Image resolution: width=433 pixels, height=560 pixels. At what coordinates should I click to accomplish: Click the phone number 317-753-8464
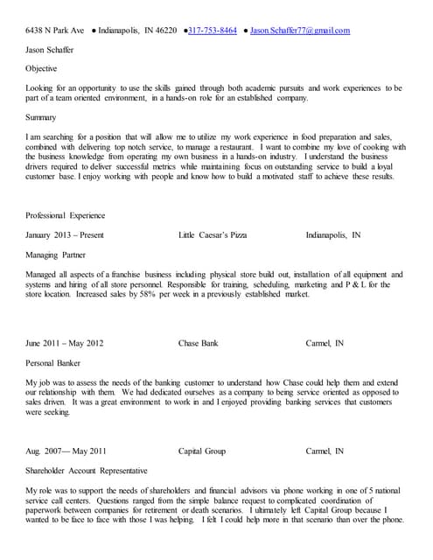[213, 31]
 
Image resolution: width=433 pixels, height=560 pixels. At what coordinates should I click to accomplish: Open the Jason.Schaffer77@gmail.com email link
[299, 31]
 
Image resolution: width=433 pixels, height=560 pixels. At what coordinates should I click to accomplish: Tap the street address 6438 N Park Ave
[54, 31]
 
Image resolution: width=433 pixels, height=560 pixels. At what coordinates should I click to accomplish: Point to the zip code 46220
[164, 31]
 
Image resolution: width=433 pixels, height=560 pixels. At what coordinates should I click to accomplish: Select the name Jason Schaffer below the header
[50, 50]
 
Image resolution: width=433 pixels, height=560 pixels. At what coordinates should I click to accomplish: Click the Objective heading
[42, 69]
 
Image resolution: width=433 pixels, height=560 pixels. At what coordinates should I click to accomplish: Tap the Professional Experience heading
[66, 215]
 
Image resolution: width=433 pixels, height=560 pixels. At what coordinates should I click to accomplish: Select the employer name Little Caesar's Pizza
[213, 235]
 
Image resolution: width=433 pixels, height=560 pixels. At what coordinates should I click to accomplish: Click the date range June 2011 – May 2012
[65, 344]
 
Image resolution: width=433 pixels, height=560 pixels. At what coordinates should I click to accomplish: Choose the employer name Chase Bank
[198, 344]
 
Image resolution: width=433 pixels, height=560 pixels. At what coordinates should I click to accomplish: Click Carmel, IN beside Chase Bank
[325, 344]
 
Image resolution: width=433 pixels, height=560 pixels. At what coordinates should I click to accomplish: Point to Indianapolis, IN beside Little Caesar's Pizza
[333, 235]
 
